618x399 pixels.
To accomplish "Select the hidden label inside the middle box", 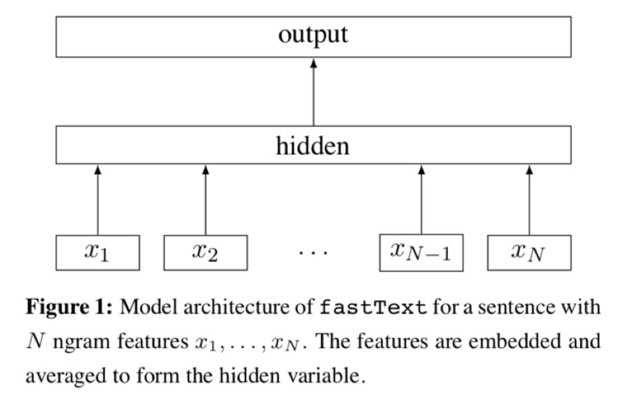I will pyautogui.click(x=313, y=145).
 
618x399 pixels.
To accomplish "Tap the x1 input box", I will pyautogui.click(x=98, y=253).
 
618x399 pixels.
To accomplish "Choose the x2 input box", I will pyautogui.click(x=205, y=253).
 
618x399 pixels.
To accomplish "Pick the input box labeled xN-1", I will pyautogui.click(x=421, y=253).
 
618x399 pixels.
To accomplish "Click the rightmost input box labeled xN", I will pyautogui.click(x=529, y=253).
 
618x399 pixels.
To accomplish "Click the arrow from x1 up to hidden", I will pyautogui.click(x=98, y=199).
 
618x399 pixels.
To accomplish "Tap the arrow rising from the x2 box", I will pyautogui.click(x=205, y=199).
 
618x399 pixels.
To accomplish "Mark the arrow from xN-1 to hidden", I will pyautogui.click(x=421, y=199).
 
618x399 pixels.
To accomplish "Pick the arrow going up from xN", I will pyautogui.click(x=529, y=199).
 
